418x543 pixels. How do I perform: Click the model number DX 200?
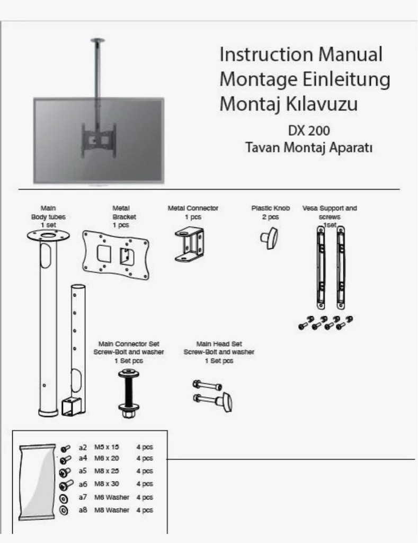(x=309, y=130)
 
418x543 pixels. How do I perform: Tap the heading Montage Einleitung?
(x=305, y=80)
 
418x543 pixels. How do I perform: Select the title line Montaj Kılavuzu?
(x=289, y=104)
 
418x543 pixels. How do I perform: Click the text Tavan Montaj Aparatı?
(x=309, y=147)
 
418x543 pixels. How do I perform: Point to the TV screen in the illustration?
(x=99, y=140)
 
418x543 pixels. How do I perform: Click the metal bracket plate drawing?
(x=116, y=255)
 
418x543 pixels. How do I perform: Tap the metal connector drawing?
(x=189, y=244)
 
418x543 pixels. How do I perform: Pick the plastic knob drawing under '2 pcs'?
(x=269, y=238)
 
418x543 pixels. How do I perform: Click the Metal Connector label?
(x=193, y=208)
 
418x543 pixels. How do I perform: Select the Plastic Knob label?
(x=271, y=208)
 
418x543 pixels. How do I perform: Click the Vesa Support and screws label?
(x=330, y=212)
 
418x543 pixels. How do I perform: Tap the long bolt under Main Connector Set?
(x=129, y=393)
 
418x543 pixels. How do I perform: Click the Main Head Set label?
(x=219, y=344)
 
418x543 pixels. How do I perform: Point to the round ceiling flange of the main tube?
(x=48, y=236)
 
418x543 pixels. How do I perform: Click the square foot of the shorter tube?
(x=72, y=406)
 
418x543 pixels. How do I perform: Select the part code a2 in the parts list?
(x=83, y=448)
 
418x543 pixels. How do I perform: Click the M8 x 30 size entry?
(x=106, y=484)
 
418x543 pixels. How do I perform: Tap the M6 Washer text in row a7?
(x=112, y=497)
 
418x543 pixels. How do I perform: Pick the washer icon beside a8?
(x=64, y=511)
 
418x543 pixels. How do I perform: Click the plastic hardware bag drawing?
(x=38, y=482)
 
